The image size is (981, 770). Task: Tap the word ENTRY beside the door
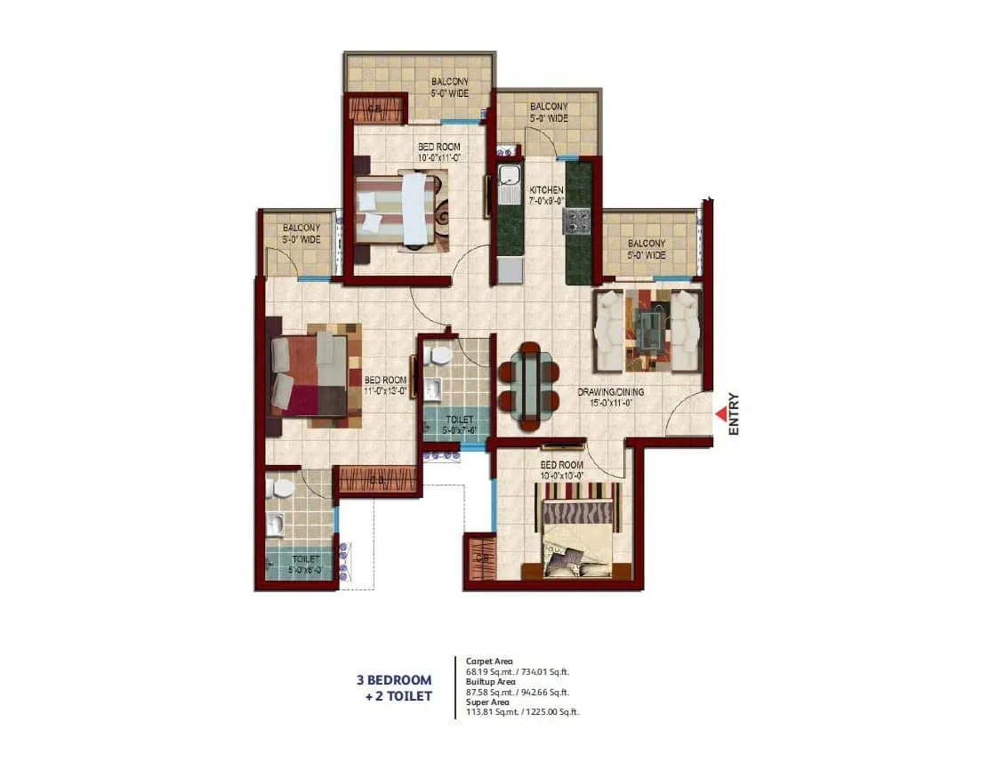coord(735,414)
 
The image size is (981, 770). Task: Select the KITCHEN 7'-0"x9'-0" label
coord(546,196)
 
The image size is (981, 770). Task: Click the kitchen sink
coord(509,183)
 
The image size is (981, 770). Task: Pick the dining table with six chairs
coord(529,386)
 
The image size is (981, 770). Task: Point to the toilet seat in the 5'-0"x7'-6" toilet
coord(438,356)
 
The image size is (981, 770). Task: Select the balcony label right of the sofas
coord(646,249)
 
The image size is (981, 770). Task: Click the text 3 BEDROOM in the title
coord(394,681)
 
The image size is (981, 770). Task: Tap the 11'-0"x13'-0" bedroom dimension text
coord(385,389)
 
